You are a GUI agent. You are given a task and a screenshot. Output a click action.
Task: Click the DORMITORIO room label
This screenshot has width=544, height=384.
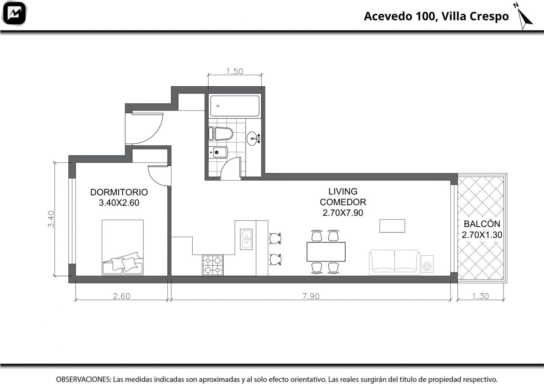(119, 192)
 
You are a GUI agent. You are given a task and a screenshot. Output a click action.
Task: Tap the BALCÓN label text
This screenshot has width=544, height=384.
(482, 224)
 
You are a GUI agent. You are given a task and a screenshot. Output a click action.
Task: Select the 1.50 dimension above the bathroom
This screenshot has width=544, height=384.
(235, 71)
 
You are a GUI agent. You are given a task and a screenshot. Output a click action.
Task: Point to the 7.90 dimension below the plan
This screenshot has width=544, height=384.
(311, 296)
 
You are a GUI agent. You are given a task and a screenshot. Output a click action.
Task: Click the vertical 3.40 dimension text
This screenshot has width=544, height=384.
(51, 219)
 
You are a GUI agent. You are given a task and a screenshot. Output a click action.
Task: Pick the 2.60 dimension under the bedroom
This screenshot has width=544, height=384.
(122, 296)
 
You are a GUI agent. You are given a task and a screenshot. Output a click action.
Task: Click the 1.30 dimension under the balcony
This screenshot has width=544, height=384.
(480, 296)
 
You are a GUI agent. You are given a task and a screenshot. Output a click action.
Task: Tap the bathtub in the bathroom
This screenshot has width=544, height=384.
(235, 106)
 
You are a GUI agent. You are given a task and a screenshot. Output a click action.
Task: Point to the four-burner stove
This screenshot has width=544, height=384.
(212, 265)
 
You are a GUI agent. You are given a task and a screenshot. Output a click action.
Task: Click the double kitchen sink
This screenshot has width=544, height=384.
(246, 239)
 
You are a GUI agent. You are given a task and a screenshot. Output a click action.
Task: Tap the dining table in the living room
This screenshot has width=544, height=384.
(326, 252)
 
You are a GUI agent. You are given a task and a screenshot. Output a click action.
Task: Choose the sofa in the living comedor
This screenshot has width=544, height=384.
(394, 262)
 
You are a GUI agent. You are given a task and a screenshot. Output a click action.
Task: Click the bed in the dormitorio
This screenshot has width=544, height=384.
(122, 247)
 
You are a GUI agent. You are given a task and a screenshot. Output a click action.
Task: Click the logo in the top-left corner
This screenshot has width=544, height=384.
(14, 13)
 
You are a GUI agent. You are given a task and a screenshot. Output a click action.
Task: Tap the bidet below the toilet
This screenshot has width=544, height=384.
(218, 152)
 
